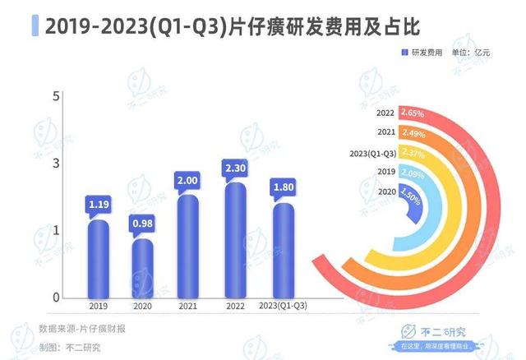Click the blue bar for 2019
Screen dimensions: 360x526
pyautogui.click(x=99, y=259)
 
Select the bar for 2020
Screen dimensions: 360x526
pyautogui.click(x=143, y=268)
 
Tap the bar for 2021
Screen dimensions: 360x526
pyautogui.click(x=187, y=247)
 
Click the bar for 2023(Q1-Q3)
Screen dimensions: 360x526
pyautogui.click(x=281, y=251)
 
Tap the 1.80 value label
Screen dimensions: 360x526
pyautogui.click(x=281, y=190)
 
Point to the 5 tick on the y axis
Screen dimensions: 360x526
pyautogui.click(x=58, y=96)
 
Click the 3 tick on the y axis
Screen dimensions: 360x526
pyautogui.click(x=58, y=164)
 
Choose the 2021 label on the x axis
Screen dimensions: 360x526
pyautogui.click(x=187, y=307)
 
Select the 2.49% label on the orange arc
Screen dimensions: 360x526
pyautogui.click(x=413, y=132)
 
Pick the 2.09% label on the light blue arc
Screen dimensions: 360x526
pyautogui.click(x=413, y=172)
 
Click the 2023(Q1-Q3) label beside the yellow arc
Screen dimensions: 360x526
pyautogui.click(x=373, y=152)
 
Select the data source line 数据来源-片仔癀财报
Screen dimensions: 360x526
pyautogui.click(x=82, y=329)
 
